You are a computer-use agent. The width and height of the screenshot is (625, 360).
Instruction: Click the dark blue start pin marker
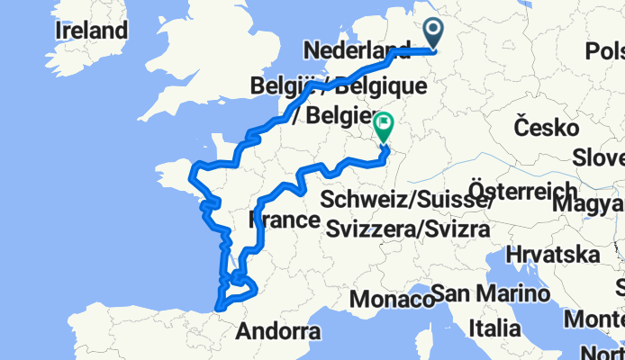pos(433,32)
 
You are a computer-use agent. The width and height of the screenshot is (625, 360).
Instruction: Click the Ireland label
pos(91,31)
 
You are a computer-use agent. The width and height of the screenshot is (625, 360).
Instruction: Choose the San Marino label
pos(490,293)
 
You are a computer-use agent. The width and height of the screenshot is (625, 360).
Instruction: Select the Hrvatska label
pos(553,253)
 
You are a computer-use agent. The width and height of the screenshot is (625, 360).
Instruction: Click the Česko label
pos(546,125)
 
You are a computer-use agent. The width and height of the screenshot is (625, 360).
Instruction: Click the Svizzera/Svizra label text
pos(407,229)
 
